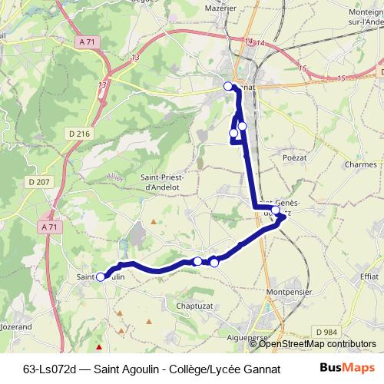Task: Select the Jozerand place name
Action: click(x=16, y=326)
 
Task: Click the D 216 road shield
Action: click(x=79, y=134)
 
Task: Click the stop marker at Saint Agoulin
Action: click(x=101, y=277)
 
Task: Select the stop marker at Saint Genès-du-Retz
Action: click(x=276, y=210)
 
